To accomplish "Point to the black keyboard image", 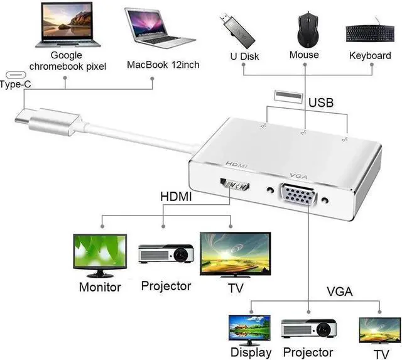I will pos(369,33).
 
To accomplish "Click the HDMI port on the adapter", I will pos(236,186).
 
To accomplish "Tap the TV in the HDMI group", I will pos(234,253).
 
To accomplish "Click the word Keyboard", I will pos(369,55).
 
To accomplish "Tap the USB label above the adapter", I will pos(320,102).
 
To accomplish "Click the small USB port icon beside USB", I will pos(284,95).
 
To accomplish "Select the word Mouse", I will pos(304,55).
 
